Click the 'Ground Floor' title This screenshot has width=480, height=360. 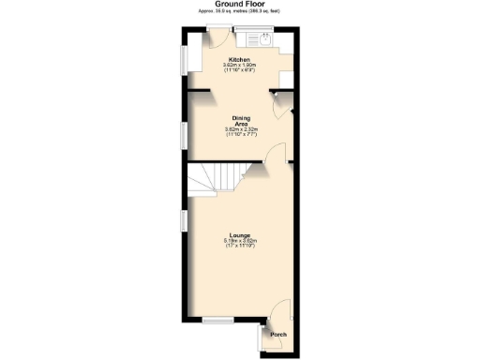238,5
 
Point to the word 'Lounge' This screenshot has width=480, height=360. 240,235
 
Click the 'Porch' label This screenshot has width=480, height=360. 278,335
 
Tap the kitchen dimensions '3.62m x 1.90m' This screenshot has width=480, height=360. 238,66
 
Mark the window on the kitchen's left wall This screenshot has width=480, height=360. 184,61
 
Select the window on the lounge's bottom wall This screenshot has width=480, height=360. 217,320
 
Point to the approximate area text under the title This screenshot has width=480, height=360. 238,13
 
